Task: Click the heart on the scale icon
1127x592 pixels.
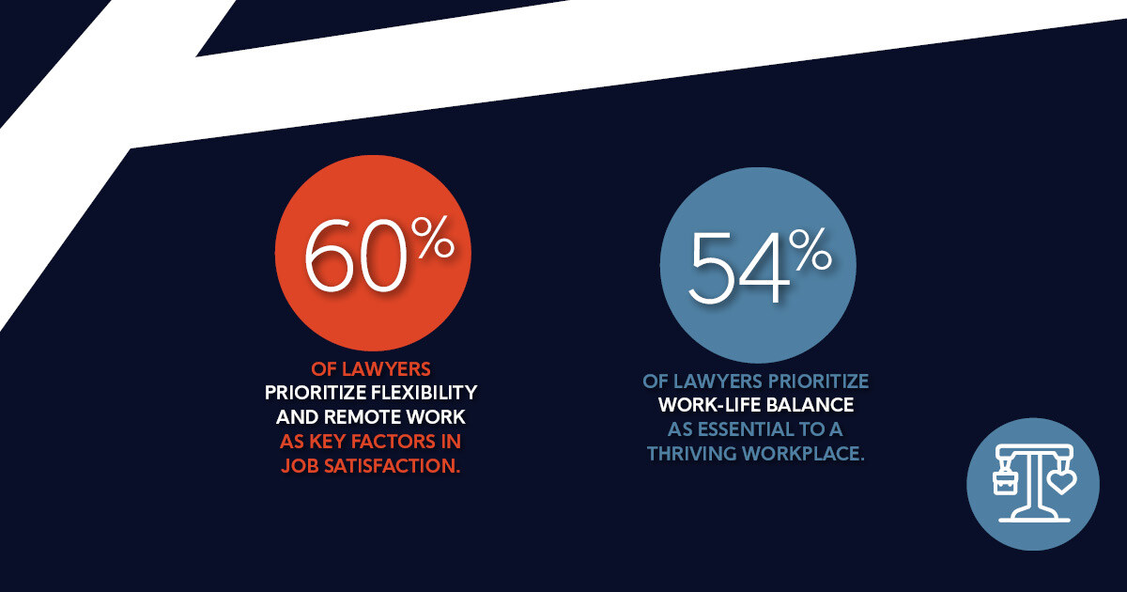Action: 1062,482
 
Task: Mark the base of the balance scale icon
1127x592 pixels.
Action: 1033,516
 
